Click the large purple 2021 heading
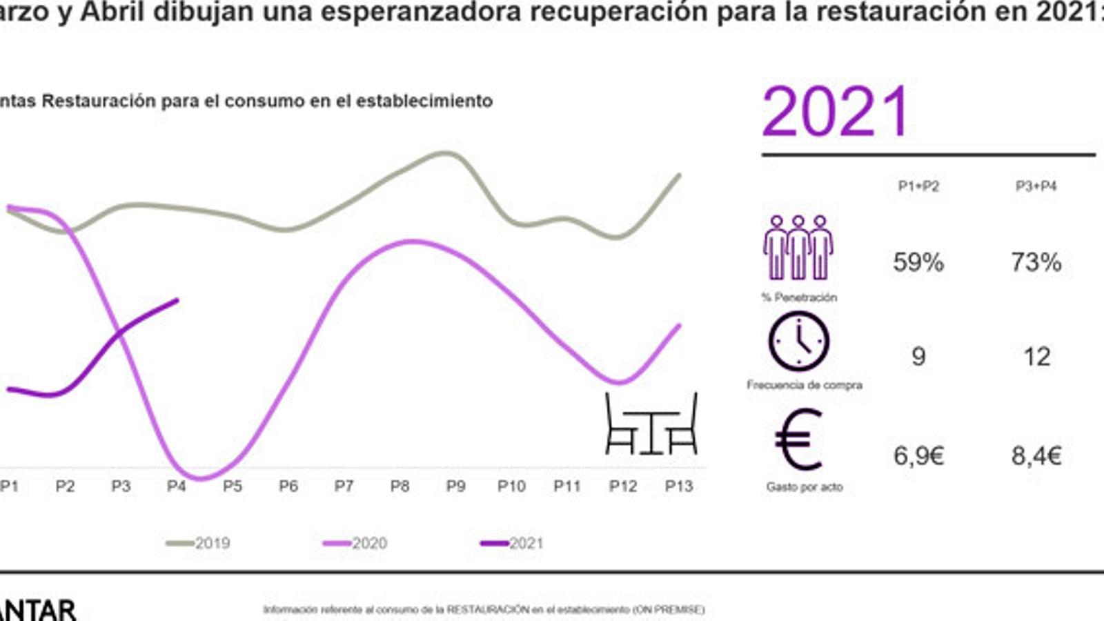click(836, 112)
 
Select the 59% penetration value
click(918, 262)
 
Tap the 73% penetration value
click(1036, 262)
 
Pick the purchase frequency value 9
click(918, 357)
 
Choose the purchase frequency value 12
click(1036, 357)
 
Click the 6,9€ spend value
click(918, 456)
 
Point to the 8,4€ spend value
click(1036, 456)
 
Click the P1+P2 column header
click(918, 186)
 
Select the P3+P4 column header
click(1036, 186)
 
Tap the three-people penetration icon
click(798, 248)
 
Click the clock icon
click(799, 342)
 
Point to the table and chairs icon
click(651, 424)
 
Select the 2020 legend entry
click(356, 543)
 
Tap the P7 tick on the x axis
click(344, 486)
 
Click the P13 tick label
click(678, 486)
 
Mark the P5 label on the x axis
click(233, 486)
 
